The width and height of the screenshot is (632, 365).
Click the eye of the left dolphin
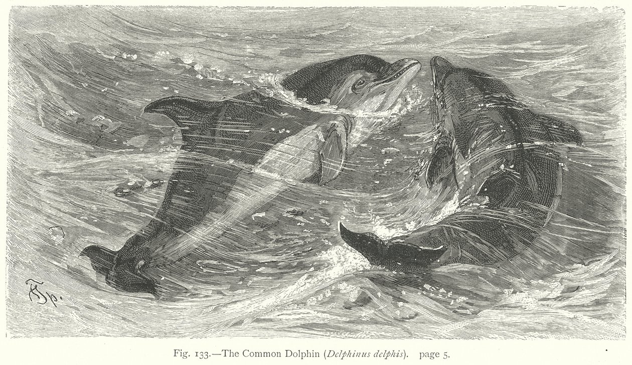pyautogui.click(x=359, y=83)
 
